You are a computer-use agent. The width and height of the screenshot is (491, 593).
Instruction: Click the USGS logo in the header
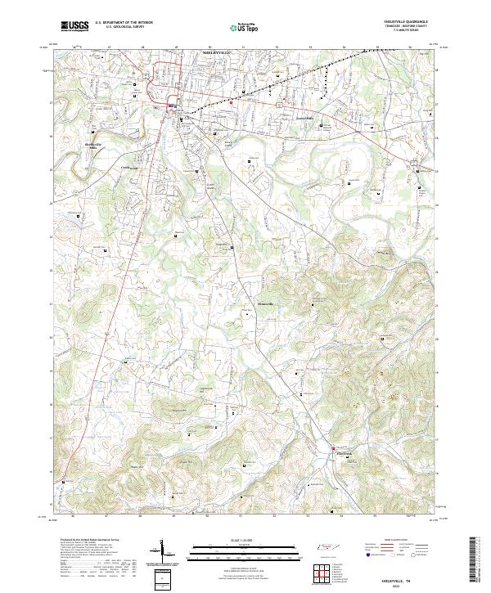tap(75, 26)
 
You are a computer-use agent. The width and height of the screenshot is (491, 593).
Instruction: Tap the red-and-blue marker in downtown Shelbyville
tap(169, 107)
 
